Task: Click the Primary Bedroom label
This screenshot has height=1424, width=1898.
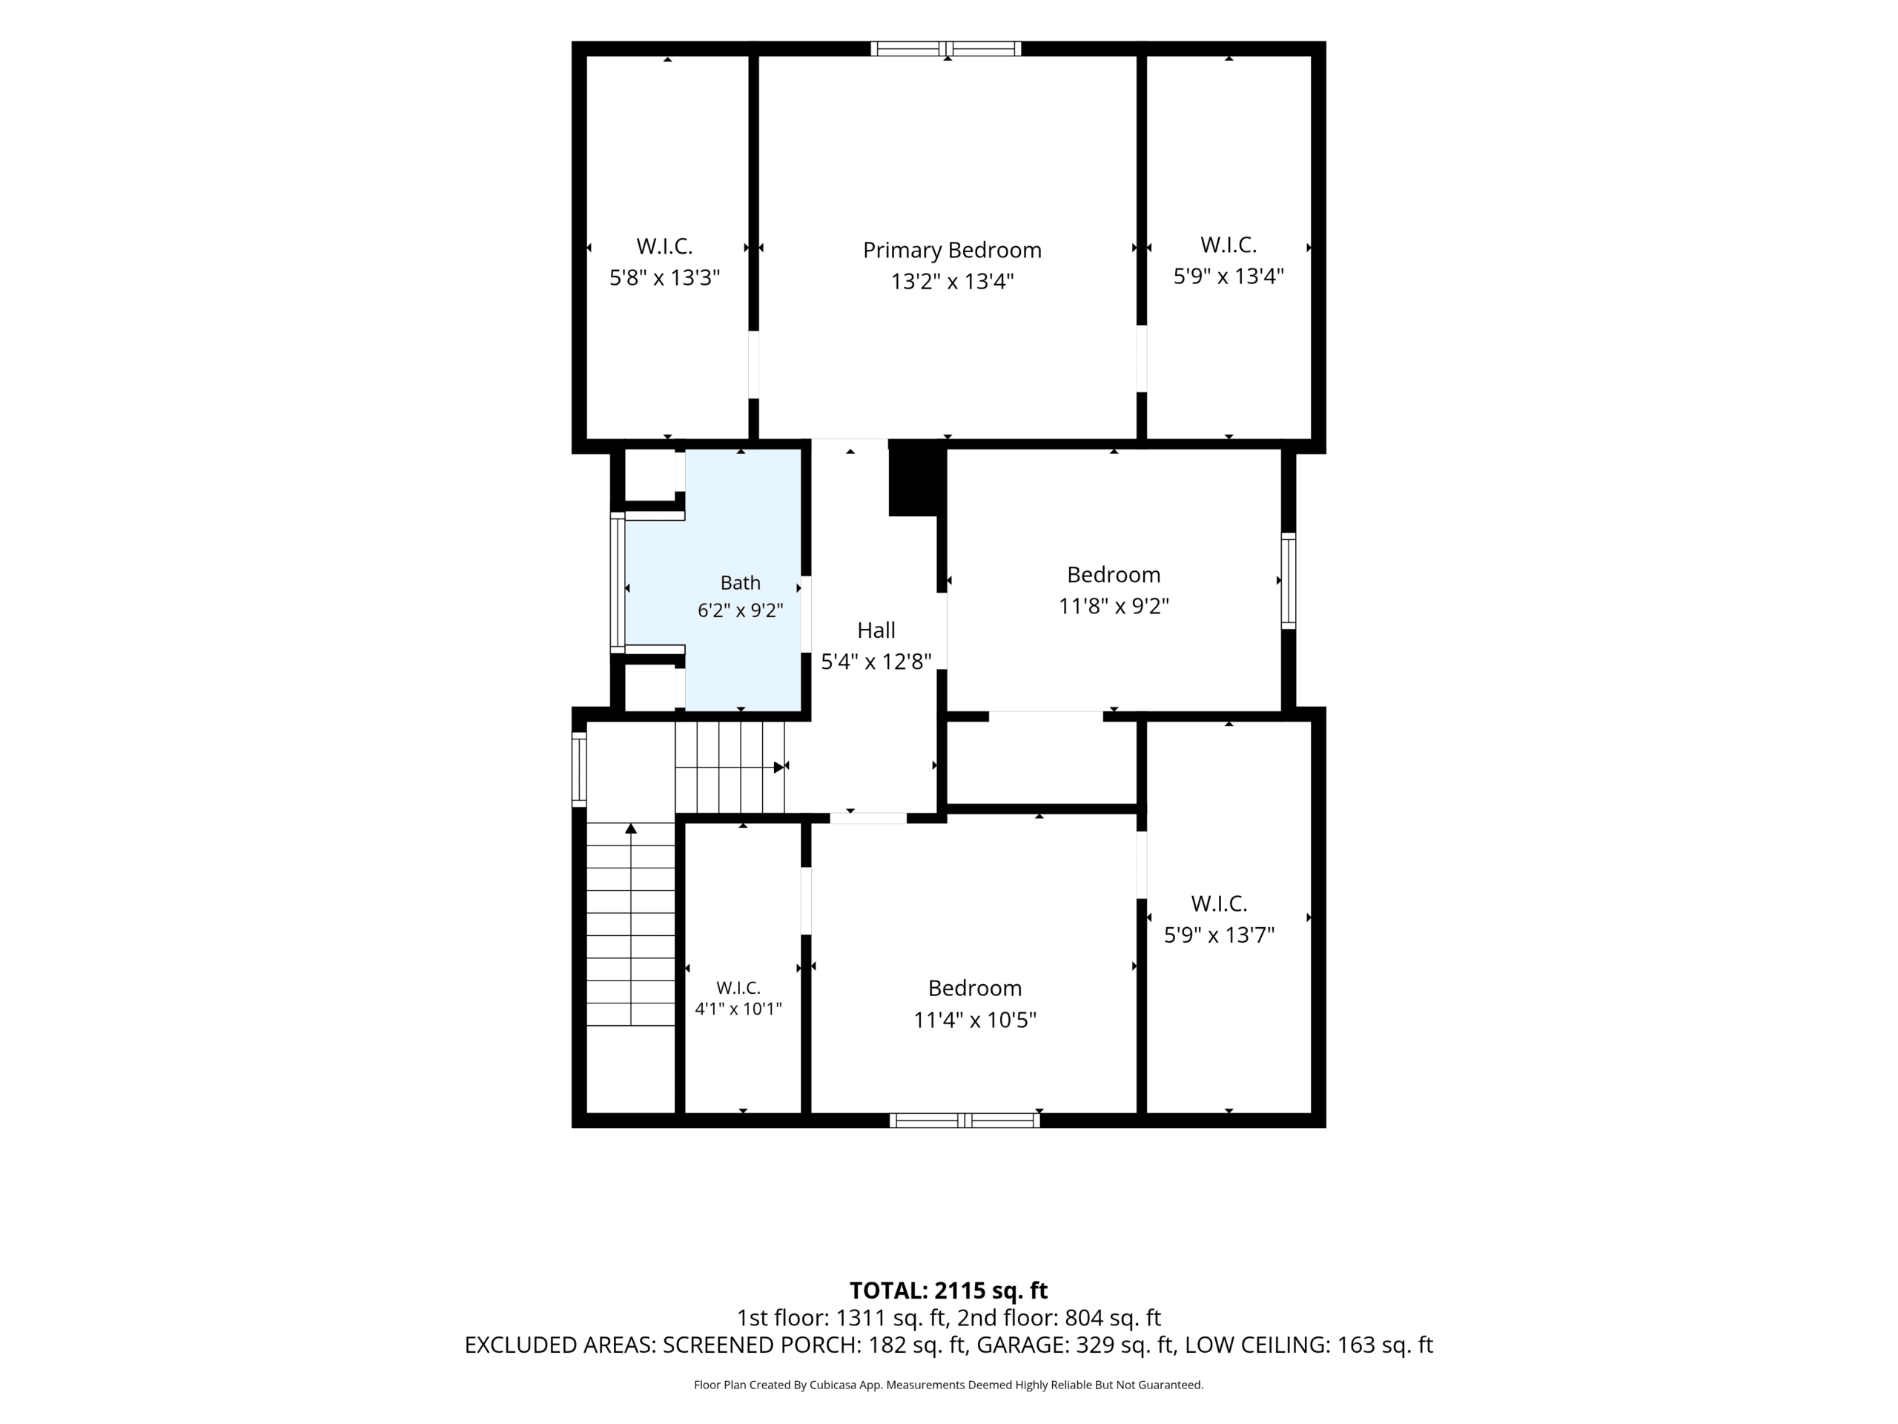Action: point(951,251)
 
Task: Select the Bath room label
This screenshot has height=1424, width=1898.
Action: point(741,583)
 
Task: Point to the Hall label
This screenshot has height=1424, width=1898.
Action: point(876,630)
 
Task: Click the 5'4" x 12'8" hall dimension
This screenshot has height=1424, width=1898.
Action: point(876,662)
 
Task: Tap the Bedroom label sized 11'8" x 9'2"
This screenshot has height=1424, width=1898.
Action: point(1114,574)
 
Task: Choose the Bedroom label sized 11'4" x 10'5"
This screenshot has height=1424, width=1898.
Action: point(975,988)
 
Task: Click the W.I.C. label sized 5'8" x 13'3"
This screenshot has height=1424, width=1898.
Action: point(664,246)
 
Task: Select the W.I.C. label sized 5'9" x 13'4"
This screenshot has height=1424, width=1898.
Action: point(1229,245)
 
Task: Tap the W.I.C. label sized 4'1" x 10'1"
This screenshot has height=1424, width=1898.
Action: point(738,987)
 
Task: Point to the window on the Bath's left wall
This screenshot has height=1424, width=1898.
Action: point(618,583)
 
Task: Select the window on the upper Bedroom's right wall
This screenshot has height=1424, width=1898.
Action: point(1289,581)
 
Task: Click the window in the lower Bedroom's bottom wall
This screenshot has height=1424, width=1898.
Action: point(965,1120)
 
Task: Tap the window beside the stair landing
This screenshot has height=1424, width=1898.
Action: point(579,770)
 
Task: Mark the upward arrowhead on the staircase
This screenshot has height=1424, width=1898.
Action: point(631,828)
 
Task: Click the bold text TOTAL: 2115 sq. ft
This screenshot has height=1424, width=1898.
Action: point(948,1290)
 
